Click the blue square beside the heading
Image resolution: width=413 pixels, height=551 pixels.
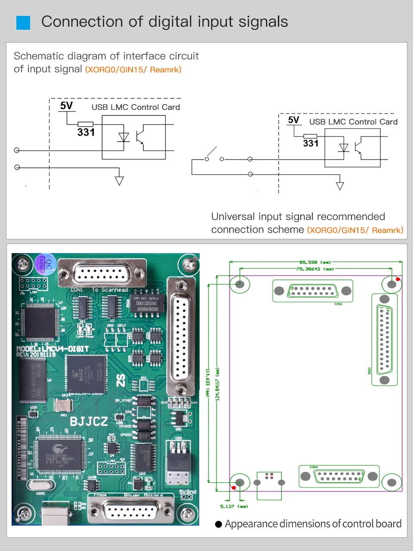click(23, 23)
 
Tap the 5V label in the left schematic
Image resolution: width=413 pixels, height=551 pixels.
click(66, 106)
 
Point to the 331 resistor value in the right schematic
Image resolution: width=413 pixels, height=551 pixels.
click(311, 143)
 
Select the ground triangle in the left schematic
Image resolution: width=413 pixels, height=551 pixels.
click(119, 181)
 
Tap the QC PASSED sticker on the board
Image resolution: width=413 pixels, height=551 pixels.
click(45, 264)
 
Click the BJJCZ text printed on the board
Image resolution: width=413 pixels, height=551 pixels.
click(89, 421)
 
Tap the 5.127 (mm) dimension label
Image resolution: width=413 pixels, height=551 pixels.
click(234, 506)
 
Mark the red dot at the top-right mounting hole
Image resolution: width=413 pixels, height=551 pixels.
click(398, 279)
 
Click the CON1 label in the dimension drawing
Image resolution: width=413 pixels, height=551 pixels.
click(338, 304)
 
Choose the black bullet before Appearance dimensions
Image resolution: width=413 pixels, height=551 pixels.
click(219, 524)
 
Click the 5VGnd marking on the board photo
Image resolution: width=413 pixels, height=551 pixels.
click(188, 492)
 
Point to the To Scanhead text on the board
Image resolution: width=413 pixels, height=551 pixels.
click(110, 290)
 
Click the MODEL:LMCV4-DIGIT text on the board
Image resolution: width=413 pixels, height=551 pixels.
click(52, 348)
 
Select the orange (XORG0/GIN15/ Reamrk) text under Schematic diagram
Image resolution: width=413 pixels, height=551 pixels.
click(133, 70)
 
